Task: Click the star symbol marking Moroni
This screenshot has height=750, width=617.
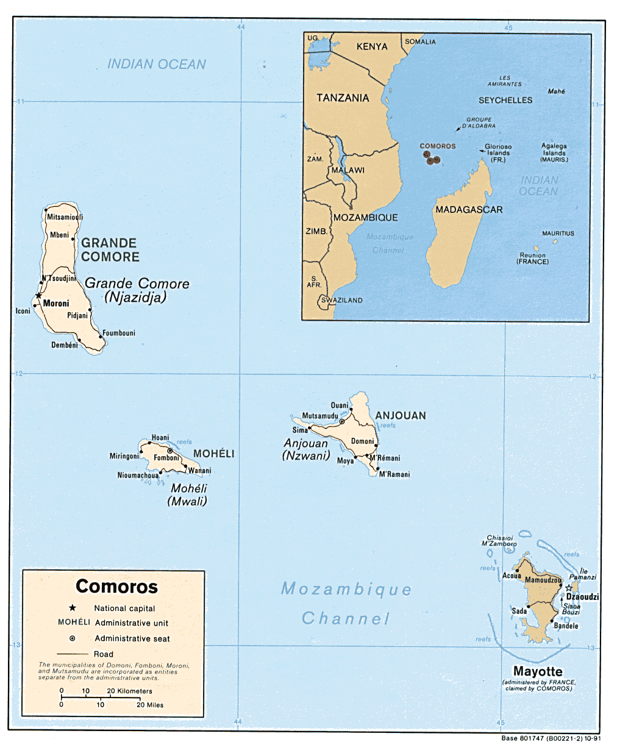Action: click(x=38, y=296)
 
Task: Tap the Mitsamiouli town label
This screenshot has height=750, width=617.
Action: click(x=65, y=217)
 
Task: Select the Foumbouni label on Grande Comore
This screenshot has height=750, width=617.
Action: click(x=119, y=333)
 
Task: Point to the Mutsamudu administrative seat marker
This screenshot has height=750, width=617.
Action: click(x=342, y=421)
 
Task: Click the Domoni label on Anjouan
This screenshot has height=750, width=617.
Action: click(x=362, y=441)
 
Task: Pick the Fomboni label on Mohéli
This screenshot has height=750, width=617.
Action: click(x=166, y=458)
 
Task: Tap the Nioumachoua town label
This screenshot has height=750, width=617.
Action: click(x=138, y=476)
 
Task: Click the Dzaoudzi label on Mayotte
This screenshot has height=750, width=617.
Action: click(x=582, y=597)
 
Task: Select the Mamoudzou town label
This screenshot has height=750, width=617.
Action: click(x=543, y=580)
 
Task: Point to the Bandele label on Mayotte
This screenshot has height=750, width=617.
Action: click(x=566, y=626)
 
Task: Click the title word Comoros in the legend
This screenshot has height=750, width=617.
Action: click(x=116, y=587)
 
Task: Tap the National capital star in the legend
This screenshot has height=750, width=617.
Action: click(x=73, y=608)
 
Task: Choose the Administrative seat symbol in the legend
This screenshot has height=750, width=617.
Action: click(x=73, y=638)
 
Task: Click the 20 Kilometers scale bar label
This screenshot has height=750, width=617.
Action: click(x=130, y=691)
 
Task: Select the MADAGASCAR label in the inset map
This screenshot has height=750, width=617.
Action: click(x=469, y=209)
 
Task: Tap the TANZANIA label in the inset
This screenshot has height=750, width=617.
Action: click(x=343, y=98)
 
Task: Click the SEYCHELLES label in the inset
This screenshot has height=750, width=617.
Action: click(x=505, y=100)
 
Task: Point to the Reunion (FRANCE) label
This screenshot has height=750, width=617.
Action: click(x=532, y=259)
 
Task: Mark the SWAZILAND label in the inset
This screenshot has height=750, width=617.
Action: click(x=342, y=300)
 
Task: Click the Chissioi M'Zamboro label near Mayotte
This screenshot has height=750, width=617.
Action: click(x=499, y=541)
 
